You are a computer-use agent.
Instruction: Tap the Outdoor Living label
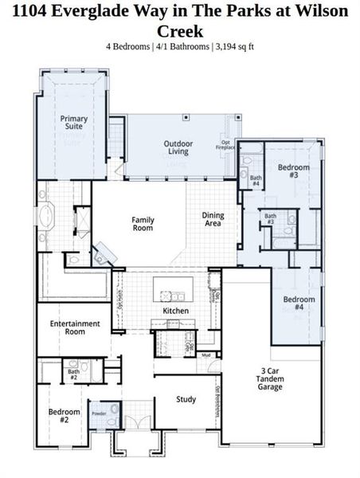(x=178, y=148)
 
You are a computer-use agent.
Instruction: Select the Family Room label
(x=143, y=224)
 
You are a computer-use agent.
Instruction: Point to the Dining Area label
(x=213, y=219)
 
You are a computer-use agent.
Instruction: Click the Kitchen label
(x=175, y=310)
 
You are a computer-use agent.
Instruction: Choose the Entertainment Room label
(x=75, y=327)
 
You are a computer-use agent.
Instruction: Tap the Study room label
(x=186, y=400)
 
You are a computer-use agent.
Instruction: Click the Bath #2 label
(x=73, y=373)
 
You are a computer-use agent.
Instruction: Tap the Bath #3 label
(x=271, y=218)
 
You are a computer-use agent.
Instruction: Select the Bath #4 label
(x=256, y=181)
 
